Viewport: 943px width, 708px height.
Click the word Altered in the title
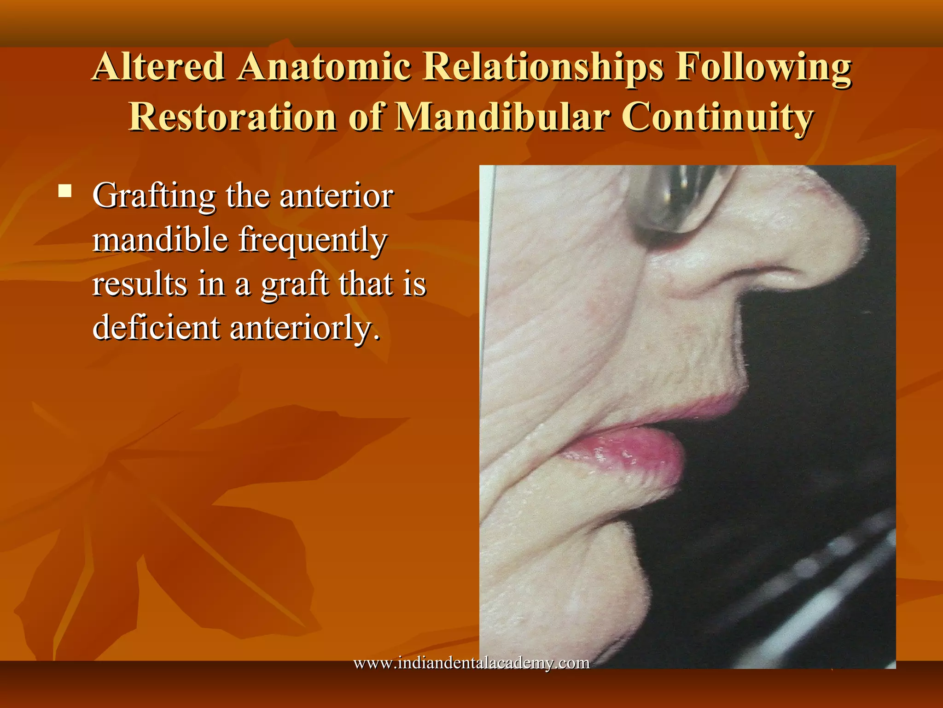pos(159,67)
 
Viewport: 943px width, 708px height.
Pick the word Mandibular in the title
pos(502,117)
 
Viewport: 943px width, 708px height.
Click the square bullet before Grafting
pos(65,191)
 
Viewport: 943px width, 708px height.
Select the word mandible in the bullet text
pos(160,240)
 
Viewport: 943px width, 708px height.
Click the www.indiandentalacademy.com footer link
pos(471,663)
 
